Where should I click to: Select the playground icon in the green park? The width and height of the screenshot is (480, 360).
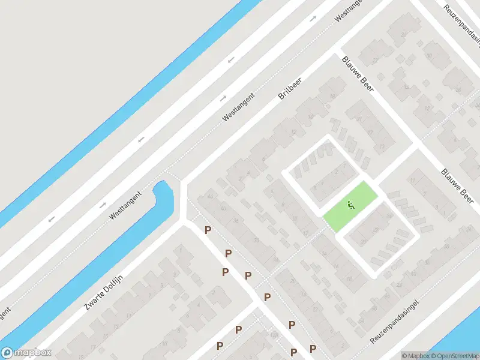click(x=351, y=205)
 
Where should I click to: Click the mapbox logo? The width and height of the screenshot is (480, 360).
click(x=26, y=353)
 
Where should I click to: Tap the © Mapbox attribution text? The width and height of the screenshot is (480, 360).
click(x=416, y=356)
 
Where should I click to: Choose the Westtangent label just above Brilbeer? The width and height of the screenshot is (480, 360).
click(x=238, y=107)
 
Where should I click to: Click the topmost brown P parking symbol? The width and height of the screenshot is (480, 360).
click(x=208, y=230)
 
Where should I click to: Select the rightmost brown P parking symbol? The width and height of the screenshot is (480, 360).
click(x=313, y=349)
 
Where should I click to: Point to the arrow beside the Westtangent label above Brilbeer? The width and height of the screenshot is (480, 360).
click(x=223, y=98)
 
